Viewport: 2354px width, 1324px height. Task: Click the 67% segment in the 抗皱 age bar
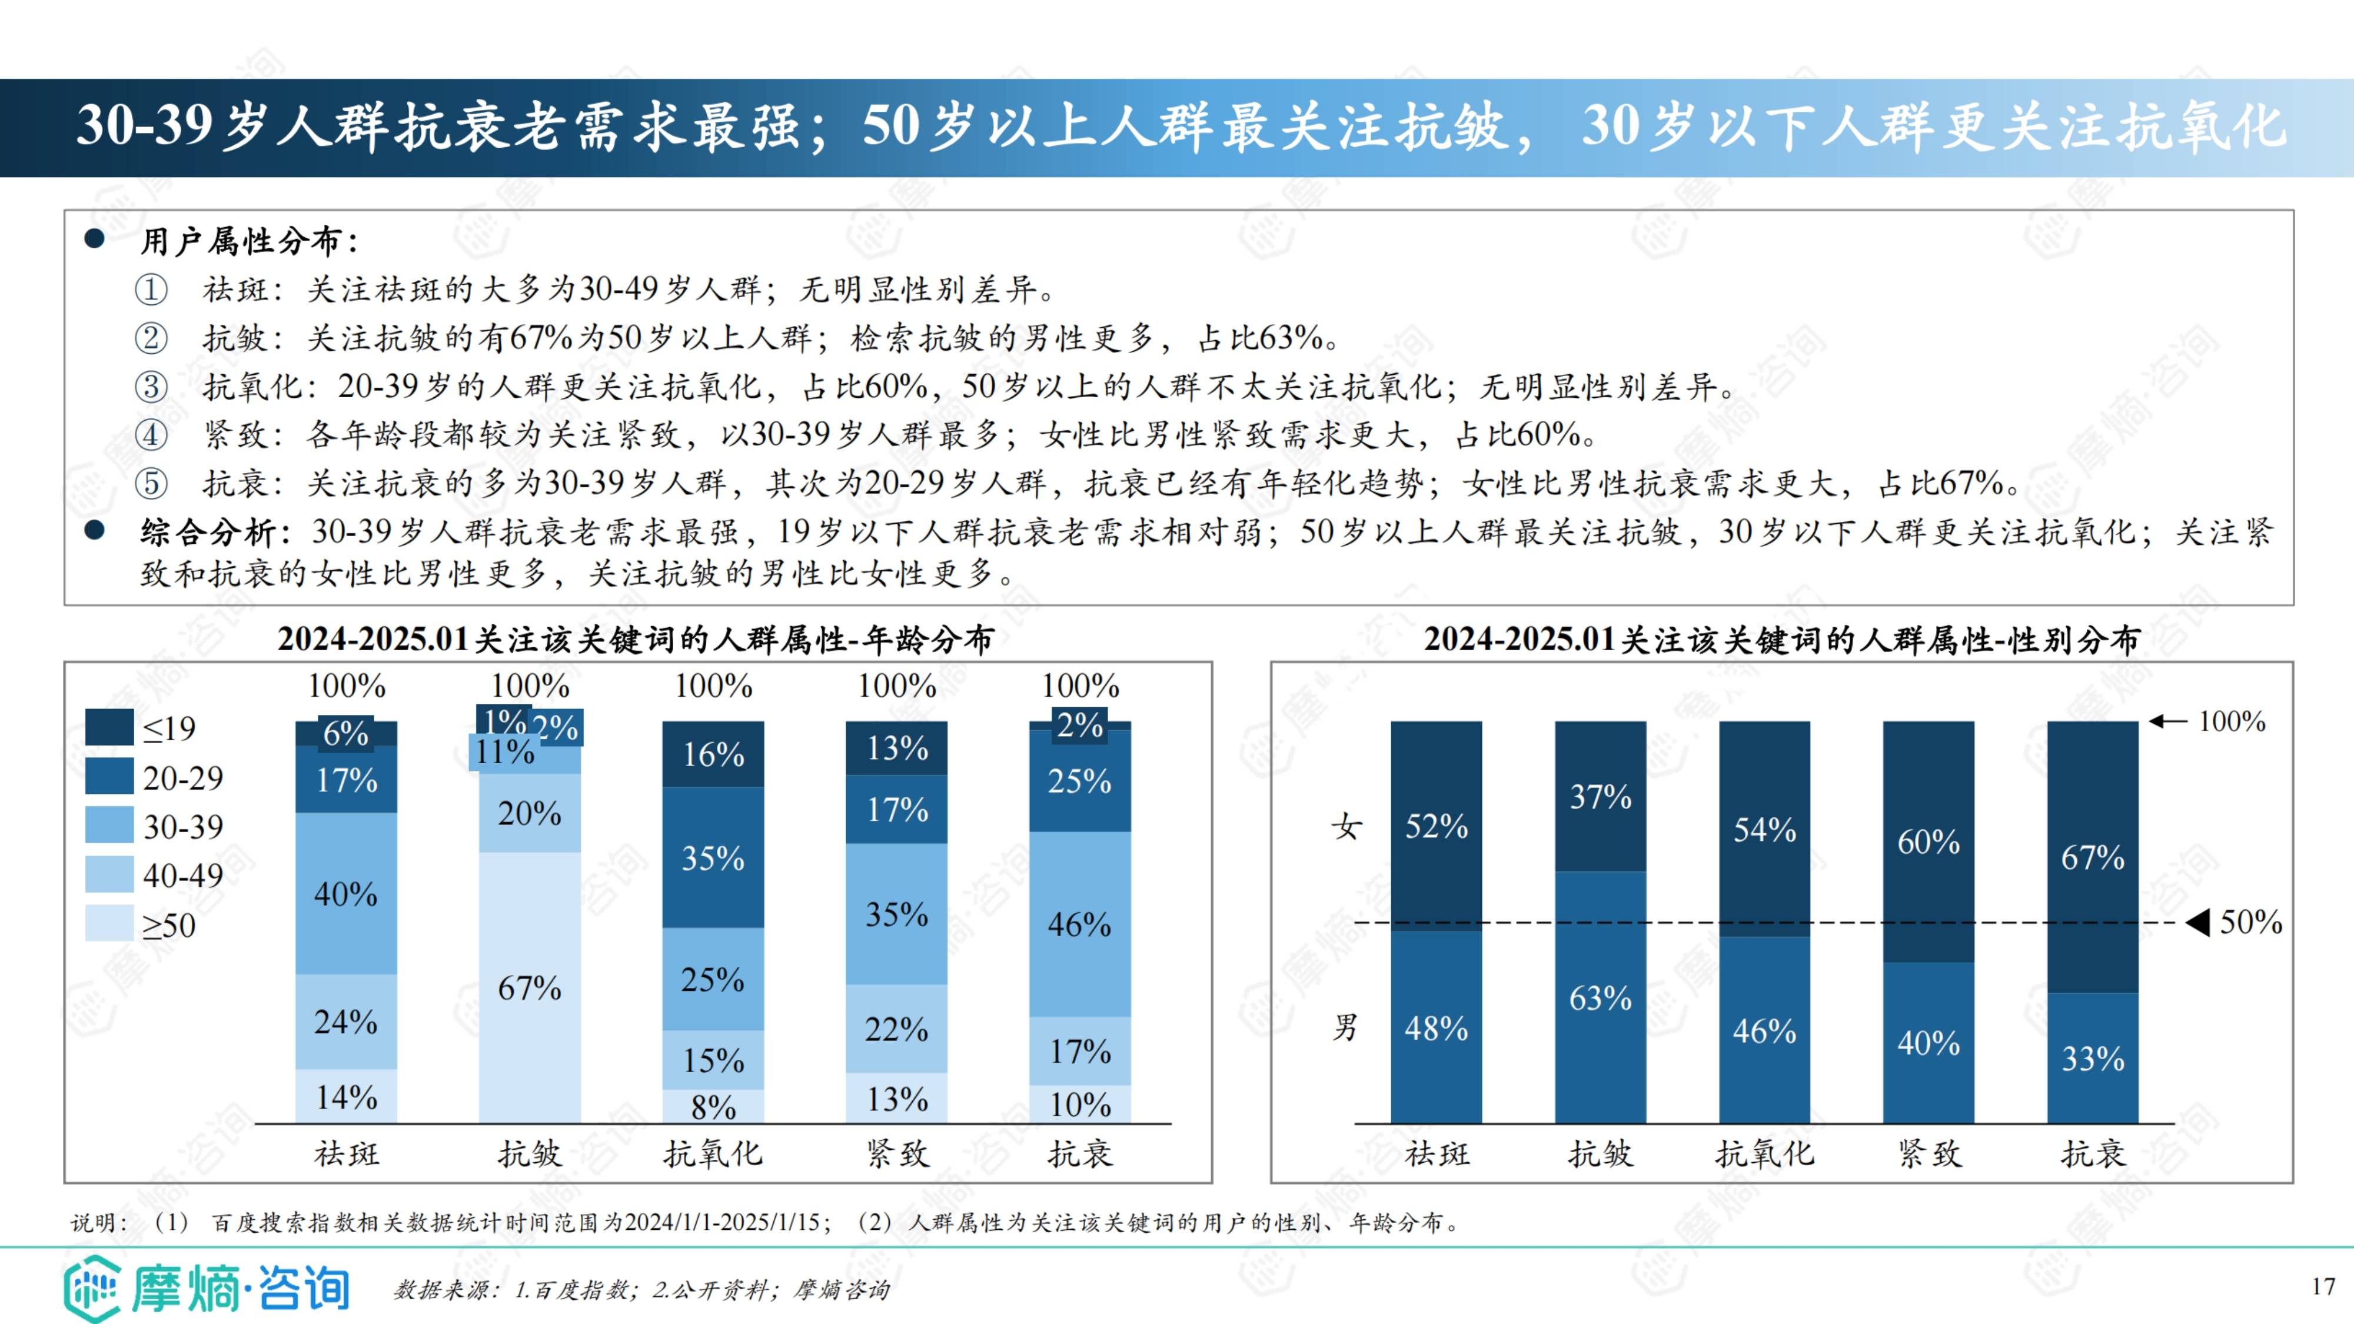point(529,987)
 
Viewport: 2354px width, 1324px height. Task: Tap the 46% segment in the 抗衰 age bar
point(1079,924)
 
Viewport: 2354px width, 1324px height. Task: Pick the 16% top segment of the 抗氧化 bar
point(713,754)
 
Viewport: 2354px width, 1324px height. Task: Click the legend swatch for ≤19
point(109,727)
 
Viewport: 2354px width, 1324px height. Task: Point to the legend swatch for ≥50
point(109,924)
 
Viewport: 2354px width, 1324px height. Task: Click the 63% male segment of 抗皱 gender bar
point(1600,997)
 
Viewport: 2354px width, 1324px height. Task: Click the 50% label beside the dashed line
point(2251,922)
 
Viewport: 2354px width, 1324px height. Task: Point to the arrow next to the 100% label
point(2167,721)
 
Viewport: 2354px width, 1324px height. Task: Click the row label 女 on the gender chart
point(1346,827)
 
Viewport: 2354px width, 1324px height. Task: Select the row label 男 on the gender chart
point(1346,1027)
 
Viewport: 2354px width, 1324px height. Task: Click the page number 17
point(2323,1286)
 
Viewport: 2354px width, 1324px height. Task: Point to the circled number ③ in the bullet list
point(152,387)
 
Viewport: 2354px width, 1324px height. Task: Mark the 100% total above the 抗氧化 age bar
point(713,686)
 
